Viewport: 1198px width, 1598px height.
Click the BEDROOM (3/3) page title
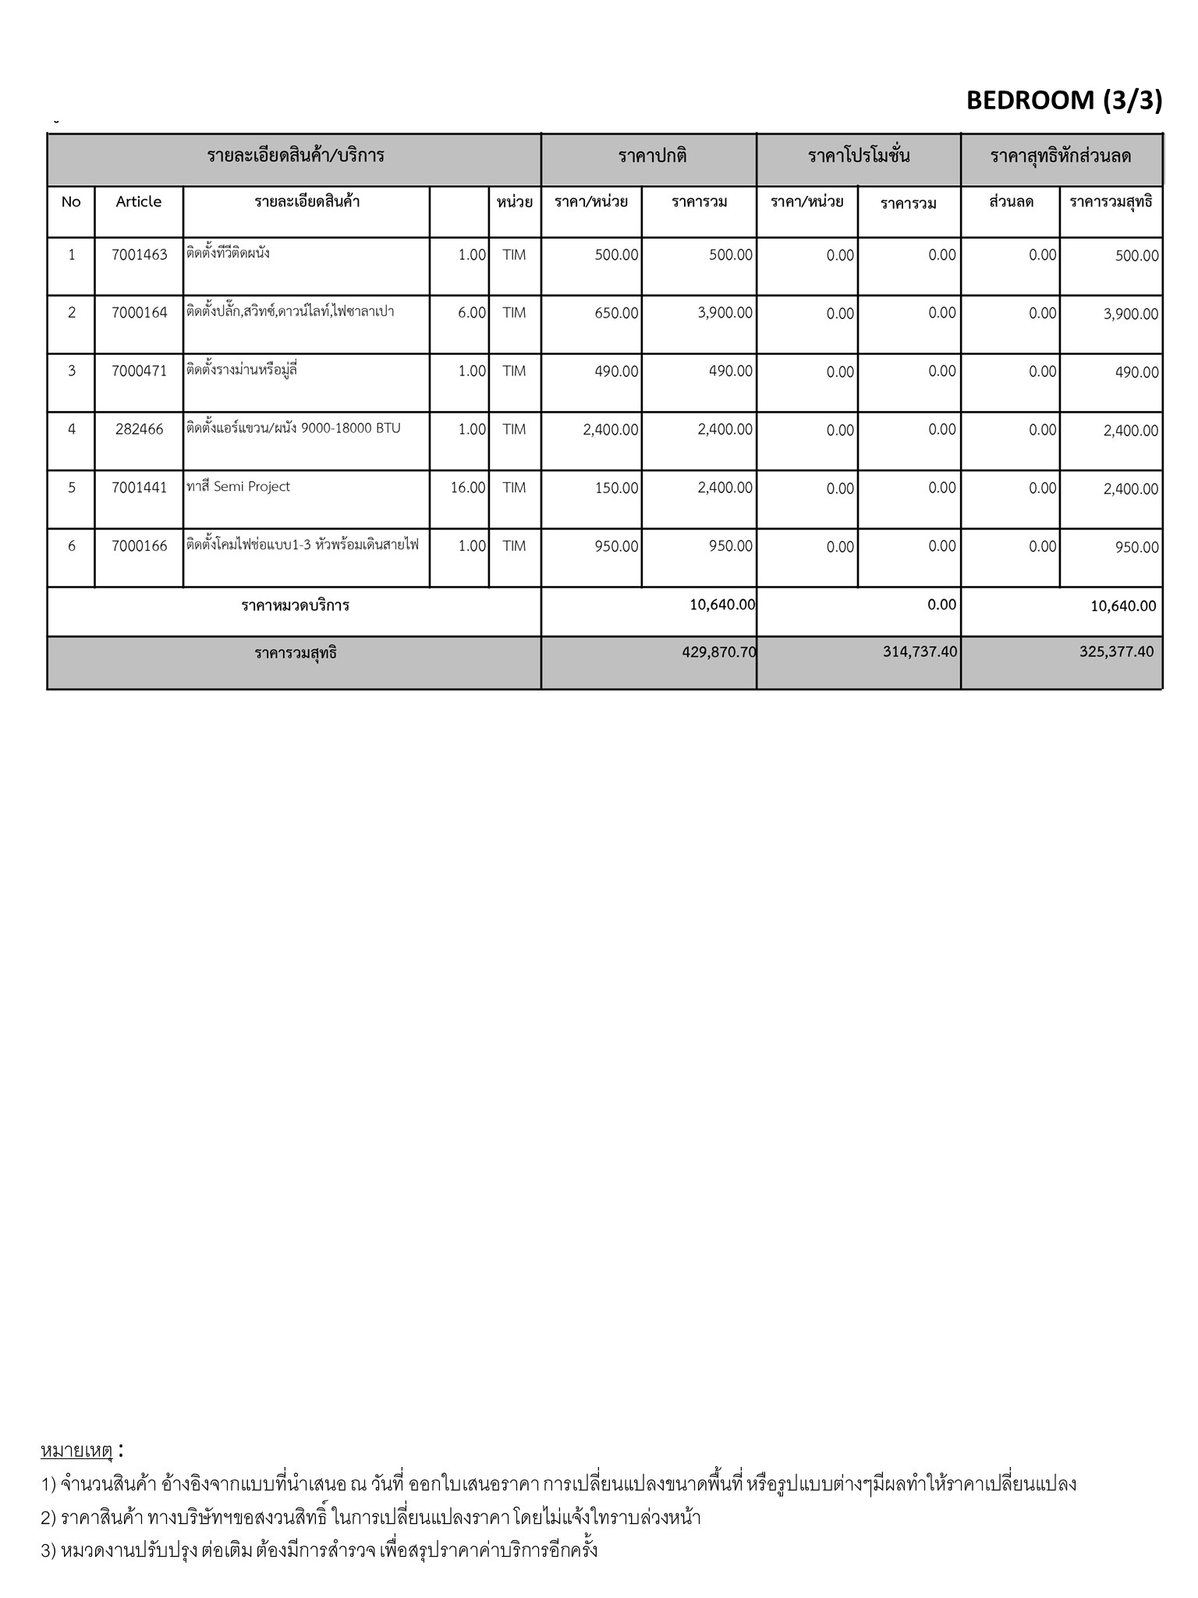1064,101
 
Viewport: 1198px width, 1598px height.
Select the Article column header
139,202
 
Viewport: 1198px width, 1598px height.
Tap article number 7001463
139,255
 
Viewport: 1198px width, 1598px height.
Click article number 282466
139,430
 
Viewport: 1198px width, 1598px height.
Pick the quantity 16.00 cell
468,488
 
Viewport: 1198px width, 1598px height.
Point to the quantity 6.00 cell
472,313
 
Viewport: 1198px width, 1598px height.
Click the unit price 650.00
616,313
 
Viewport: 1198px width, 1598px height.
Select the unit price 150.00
616,488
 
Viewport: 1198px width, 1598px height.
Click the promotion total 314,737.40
920,652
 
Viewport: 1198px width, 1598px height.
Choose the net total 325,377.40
1116,652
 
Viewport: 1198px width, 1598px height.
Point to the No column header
71,202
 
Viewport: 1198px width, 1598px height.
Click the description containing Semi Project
239,487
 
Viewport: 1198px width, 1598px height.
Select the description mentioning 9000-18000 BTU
293,428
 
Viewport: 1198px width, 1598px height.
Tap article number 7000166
139,546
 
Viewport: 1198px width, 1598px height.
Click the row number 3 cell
72,371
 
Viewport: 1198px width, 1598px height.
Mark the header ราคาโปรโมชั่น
859,156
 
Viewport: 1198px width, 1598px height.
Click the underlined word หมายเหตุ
76,1451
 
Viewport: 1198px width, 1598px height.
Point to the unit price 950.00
616,546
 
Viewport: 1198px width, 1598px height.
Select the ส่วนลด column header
1011,202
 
